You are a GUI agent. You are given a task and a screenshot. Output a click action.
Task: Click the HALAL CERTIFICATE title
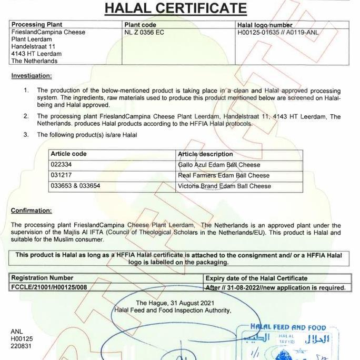coord(176,8)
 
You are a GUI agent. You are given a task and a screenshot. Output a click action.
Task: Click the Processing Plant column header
coord(37,25)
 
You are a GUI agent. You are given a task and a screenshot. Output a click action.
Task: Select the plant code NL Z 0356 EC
coord(144,33)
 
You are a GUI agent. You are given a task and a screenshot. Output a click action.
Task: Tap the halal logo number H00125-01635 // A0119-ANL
coord(277,33)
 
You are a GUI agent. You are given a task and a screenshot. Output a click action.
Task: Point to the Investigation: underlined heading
coord(32,76)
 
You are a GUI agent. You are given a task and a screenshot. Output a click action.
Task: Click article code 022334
coord(61,165)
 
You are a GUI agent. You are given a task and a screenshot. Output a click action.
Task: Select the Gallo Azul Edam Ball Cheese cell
coord(219,165)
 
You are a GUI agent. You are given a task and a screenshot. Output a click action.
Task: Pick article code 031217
coord(61,175)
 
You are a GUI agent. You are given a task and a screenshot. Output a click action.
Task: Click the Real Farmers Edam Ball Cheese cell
coord(224,175)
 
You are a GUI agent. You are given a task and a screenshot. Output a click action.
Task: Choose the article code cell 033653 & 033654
coord(75,186)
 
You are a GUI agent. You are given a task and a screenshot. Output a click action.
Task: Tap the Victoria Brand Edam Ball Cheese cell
coord(225,186)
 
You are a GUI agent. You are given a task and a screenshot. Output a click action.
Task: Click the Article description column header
coord(205,154)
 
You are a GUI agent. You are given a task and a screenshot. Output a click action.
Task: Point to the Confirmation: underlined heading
coord(32,211)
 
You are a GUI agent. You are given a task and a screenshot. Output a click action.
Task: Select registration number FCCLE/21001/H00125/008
coord(49,287)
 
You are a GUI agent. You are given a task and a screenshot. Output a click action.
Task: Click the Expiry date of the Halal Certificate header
coord(256,278)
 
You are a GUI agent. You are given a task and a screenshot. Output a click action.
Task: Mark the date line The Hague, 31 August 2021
coord(175,303)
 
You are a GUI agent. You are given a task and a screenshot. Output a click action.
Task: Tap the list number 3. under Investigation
coord(26,135)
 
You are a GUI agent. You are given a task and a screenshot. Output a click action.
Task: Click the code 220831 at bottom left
coord(21,346)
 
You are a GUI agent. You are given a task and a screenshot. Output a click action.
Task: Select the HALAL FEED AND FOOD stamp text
coord(288,327)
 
